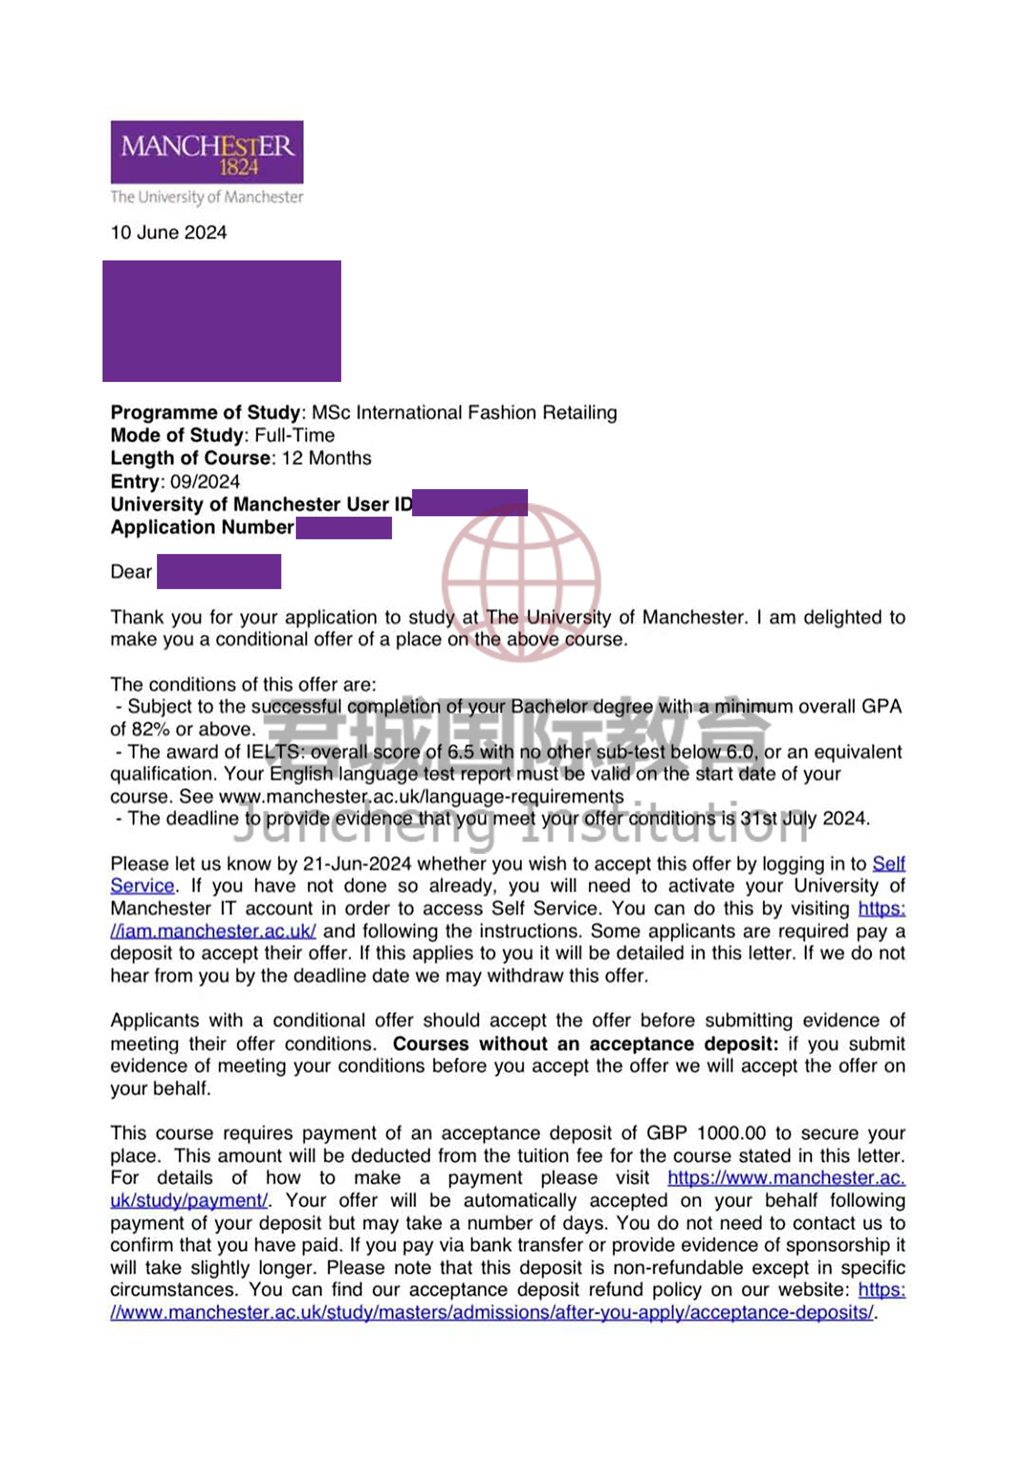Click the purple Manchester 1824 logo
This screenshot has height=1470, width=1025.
(207, 152)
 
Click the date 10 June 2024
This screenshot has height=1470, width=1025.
(169, 232)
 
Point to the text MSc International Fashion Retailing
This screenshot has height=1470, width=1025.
(464, 412)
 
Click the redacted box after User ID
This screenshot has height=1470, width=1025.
(470, 503)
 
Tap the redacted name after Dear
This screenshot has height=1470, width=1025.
(218, 571)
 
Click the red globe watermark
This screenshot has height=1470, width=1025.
(521, 581)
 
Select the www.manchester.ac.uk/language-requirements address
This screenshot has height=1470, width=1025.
(421, 796)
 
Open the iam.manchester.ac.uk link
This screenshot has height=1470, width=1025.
(213, 931)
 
